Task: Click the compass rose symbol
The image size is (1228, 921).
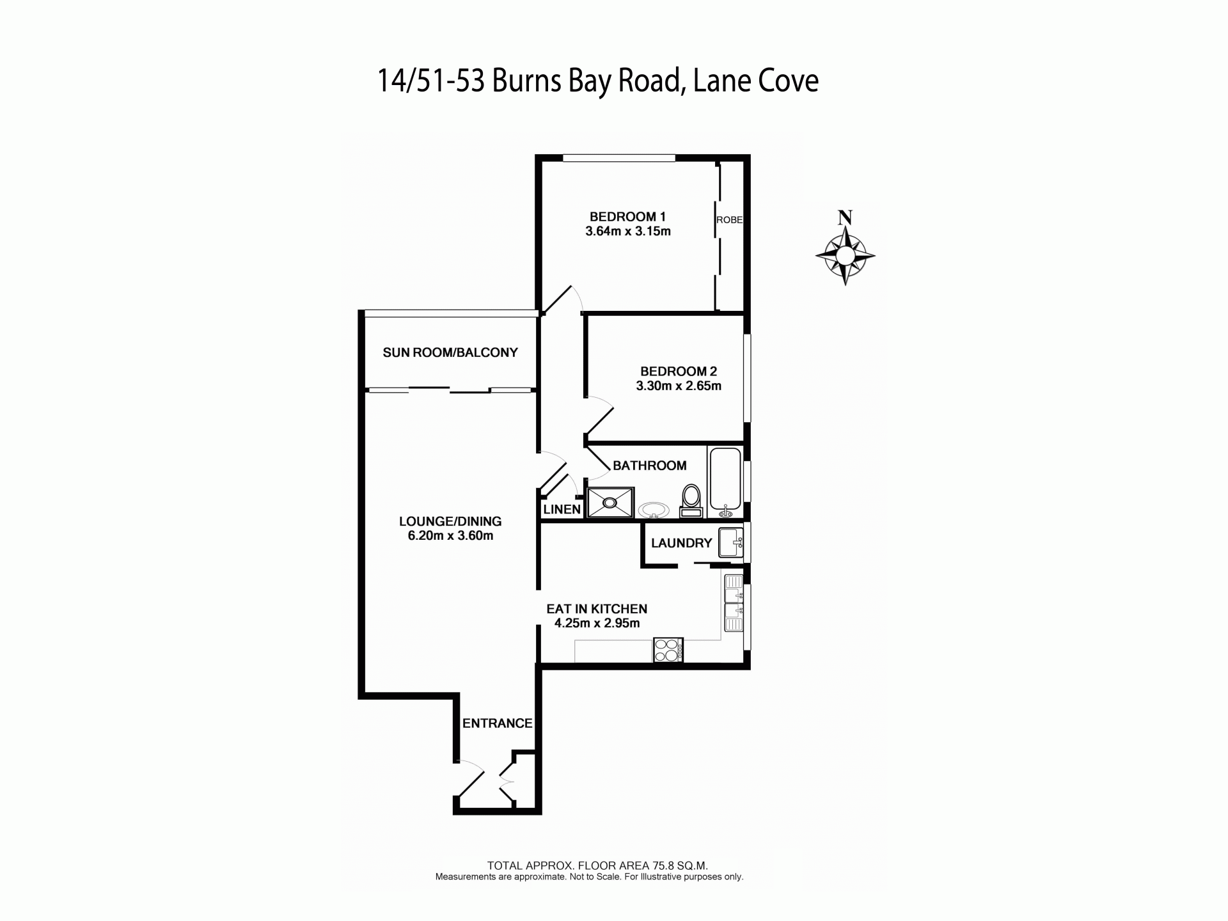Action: pyautogui.click(x=845, y=256)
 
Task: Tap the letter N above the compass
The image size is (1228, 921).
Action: pyautogui.click(x=845, y=217)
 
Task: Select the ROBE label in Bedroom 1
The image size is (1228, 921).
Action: pyautogui.click(x=729, y=219)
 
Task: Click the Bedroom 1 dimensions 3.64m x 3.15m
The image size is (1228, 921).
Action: pyautogui.click(x=628, y=232)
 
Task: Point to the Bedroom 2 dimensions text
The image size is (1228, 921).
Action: pyautogui.click(x=679, y=386)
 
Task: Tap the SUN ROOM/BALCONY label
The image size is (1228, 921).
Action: pyautogui.click(x=450, y=352)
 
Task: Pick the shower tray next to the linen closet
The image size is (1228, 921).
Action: pyautogui.click(x=611, y=503)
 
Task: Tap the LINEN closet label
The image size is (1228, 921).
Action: pyautogui.click(x=562, y=510)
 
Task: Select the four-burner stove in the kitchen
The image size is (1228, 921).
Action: pyautogui.click(x=668, y=650)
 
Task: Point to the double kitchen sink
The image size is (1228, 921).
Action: pyautogui.click(x=734, y=603)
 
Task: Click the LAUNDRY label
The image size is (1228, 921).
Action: pyautogui.click(x=681, y=543)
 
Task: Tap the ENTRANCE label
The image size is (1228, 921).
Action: pyautogui.click(x=498, y=723)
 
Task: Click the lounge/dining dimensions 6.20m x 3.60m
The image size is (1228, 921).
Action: pyautogui.click(x=450, y=536)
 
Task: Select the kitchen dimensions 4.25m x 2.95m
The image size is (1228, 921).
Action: pyautogui.click(x=597, y=624)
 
